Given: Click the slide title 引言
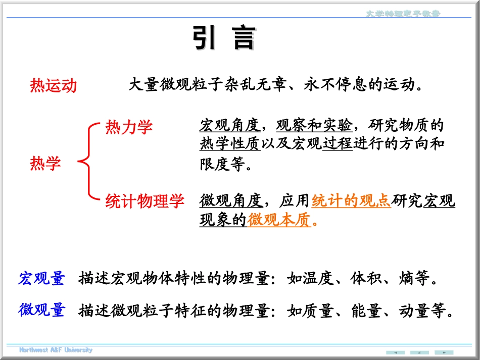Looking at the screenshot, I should click(224, 38).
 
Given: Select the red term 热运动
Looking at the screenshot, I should click(53, 86).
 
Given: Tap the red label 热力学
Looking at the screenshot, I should click(128, 127).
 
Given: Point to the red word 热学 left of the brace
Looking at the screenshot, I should click(45, 163).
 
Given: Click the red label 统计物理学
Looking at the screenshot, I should click(145, 201).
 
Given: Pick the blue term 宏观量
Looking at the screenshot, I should click(41, 278).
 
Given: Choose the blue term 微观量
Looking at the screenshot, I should click(41, 310).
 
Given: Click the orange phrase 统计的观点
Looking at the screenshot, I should click(351, 201).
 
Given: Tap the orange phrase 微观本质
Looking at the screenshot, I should click(279, 220).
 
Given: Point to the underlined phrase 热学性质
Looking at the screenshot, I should click(230, 144).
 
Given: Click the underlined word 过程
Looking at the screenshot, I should click(337, 144).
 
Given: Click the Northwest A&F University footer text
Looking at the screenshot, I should click(56, 350).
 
